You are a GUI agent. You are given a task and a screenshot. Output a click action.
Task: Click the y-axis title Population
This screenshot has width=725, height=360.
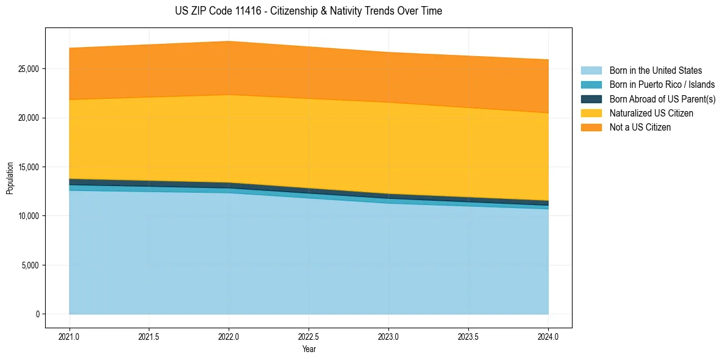tap(10, 178)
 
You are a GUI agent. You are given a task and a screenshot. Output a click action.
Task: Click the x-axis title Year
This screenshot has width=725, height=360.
tap(309, 350)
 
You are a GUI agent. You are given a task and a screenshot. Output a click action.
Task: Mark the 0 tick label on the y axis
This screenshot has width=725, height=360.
tap(37, 314)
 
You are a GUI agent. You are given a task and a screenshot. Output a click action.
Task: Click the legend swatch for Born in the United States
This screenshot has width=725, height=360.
tap(591, 71)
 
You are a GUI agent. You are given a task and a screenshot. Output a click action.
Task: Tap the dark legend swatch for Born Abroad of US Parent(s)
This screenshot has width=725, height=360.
tap(591, 99)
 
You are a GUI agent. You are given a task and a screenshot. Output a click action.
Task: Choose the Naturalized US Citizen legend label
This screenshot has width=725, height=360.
tap(651, 113)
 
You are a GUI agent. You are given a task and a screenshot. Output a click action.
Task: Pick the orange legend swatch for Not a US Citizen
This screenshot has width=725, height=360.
tap(591, 128)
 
